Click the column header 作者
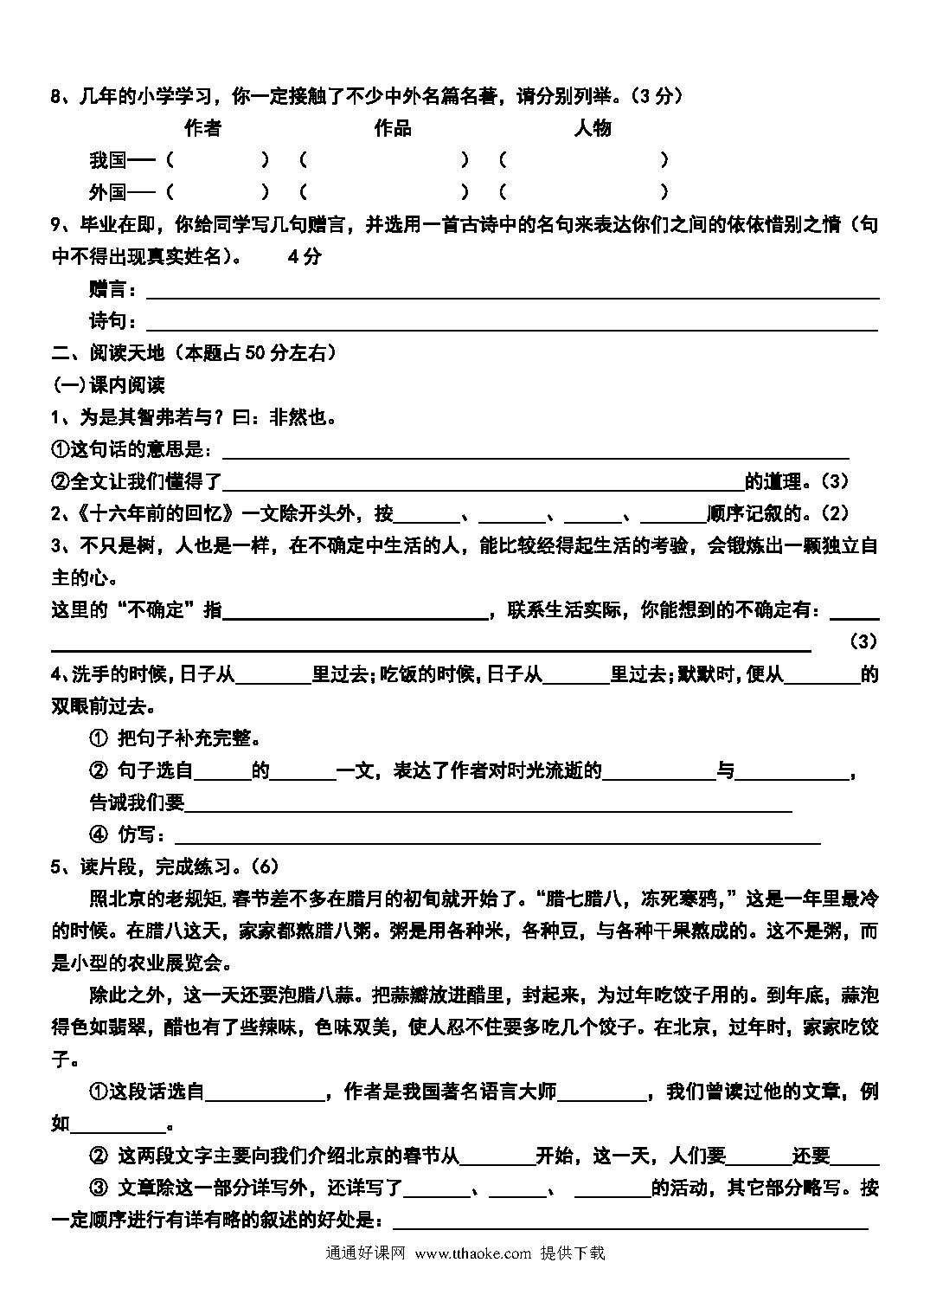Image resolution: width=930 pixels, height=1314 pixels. [202, 128]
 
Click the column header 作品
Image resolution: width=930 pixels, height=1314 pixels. [392, 128]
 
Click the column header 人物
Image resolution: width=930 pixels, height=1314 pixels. [593, 128]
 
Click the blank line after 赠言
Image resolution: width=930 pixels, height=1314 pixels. [510, 291]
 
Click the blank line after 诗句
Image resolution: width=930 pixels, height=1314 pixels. [510, 323]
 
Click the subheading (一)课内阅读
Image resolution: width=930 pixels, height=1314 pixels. [108, 384]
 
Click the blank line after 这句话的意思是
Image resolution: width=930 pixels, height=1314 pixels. [536, 450]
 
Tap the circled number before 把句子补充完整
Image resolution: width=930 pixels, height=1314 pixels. [98, 738]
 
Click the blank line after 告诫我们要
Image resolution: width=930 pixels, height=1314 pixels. [489, 803]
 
